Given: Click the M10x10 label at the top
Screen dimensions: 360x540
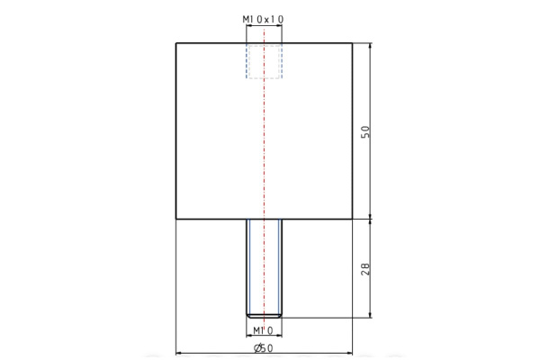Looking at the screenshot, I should tap(263, 18).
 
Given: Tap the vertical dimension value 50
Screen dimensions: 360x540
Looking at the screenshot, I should tap(364, 130).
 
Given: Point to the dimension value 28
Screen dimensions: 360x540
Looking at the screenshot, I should tap(364, 267).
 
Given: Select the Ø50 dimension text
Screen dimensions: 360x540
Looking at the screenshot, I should tap(263, 347).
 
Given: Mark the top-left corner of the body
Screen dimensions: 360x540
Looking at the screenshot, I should tap(175, 42).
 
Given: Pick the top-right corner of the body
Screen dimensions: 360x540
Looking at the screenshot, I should tap(351, 42).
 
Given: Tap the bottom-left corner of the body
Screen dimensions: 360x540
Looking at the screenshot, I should tap(175, 220).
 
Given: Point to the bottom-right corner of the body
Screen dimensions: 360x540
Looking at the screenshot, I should tap(351, 220).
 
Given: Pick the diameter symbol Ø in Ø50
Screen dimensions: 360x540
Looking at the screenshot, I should tap(256, 347).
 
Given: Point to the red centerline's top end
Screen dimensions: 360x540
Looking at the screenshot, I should tap(263, 28).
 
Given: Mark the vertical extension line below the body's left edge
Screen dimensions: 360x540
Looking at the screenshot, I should tap(175, 288).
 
